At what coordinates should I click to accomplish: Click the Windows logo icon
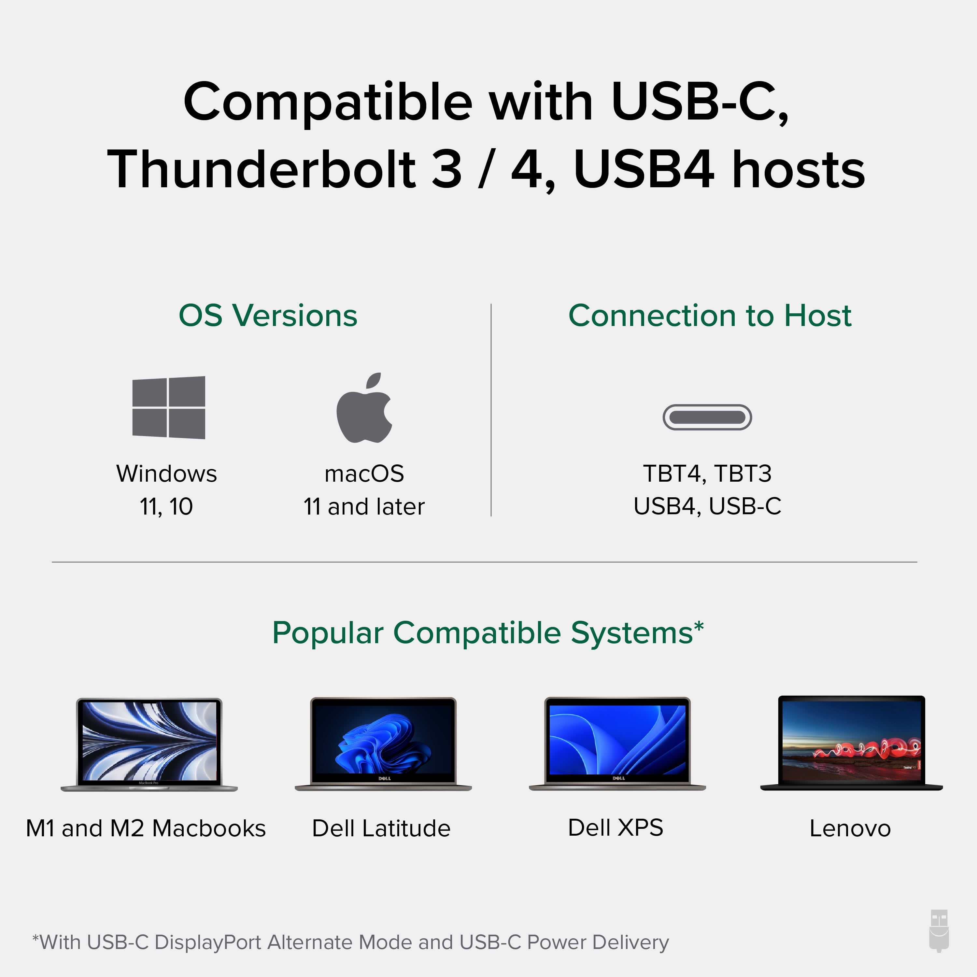coord(168,408)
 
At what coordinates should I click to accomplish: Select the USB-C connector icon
coord(707,417)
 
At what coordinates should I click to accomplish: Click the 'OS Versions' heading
coord(268,316)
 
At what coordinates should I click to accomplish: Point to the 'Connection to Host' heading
coord(710,316)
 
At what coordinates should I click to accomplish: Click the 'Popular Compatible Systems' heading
coord(488,633)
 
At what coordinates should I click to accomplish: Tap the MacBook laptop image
coord(149,744)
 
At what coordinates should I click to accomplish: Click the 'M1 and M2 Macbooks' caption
coord(146,828)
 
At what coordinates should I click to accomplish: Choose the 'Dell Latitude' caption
coord(381,828)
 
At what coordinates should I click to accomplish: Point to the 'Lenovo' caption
coord(850,828)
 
